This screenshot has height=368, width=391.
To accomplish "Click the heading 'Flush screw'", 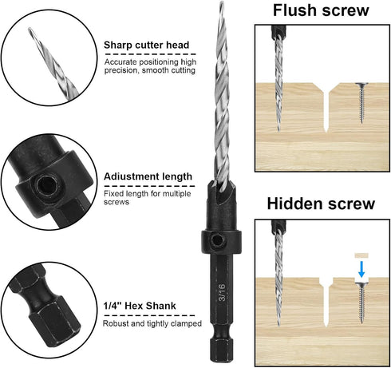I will click(x=321, y=10).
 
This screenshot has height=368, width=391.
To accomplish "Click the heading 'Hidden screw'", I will click(x=320, y=204).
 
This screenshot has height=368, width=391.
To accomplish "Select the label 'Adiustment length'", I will click(x=148, y=176).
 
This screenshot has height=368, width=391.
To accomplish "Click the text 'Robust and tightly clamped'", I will click(x=145, y=323).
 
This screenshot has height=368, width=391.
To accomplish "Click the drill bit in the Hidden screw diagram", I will click(x=278, y=275).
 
